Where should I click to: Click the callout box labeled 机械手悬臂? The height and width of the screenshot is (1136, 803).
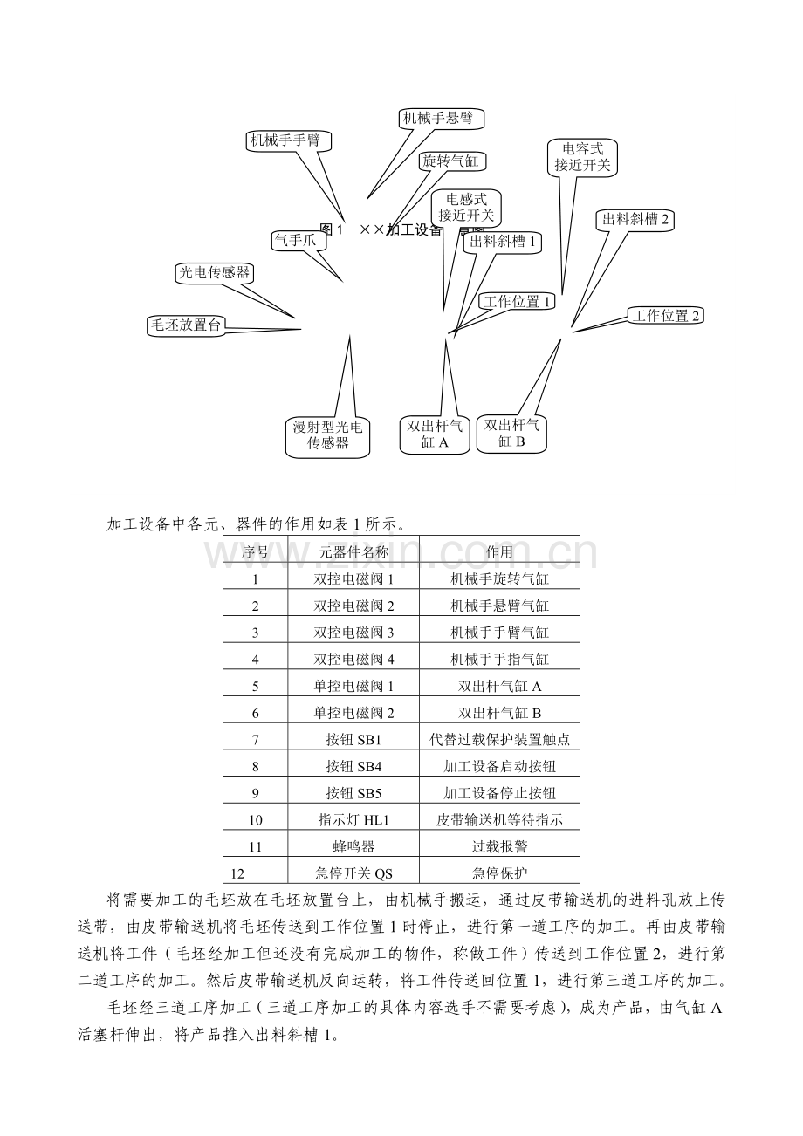[437, 118]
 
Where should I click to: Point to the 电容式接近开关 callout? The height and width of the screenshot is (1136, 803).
[582, 158]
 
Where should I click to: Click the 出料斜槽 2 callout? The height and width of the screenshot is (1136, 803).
[635, 219]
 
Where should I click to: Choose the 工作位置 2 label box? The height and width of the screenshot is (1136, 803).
[666, 316]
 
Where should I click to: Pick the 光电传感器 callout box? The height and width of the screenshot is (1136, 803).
[214, 272]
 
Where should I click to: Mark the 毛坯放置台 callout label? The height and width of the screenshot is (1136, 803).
[186, 325]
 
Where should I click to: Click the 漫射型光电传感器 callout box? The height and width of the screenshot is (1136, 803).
[327, 435]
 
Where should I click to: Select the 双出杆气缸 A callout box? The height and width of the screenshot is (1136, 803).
[435, 434]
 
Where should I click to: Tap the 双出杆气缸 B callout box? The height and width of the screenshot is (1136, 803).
[511, 433]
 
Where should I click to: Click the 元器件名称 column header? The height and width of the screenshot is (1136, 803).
[353, 551]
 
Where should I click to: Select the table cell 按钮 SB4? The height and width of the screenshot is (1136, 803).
[353, 767]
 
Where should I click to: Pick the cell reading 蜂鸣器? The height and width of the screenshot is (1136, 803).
[353, 846]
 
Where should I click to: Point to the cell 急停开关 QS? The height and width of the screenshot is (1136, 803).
[353, 873]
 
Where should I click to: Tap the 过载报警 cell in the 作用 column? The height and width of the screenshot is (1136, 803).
[499, 846]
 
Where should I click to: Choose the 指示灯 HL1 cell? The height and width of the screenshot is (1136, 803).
[353, 820]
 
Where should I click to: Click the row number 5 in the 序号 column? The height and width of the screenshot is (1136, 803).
[255, 687]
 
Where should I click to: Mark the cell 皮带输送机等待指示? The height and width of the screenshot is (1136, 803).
[499, 820]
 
